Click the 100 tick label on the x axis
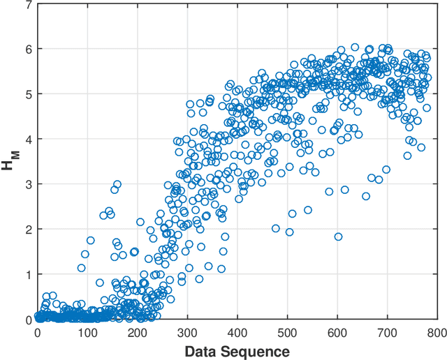[x=87, y=333]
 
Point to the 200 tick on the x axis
[x=138, y=333]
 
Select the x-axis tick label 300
[x=187, y=333]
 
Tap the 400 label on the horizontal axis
[x=237, y=333]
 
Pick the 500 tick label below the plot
[x=288, y=333]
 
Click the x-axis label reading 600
[x=337, y=333]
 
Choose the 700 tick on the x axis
[x=388, y=333]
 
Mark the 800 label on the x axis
[x=437, y=333]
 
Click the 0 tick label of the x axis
[x=38, y=333]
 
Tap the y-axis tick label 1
[x=28, y=275]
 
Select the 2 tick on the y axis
[x=28, y=230]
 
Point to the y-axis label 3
[x=28, y=185]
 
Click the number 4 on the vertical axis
[x=28, y=140]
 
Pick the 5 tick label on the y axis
[x=28, y=95]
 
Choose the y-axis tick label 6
[x=28, y=50]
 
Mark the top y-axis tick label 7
[x=28, y=6]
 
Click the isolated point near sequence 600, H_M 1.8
[x=338, y=237]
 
